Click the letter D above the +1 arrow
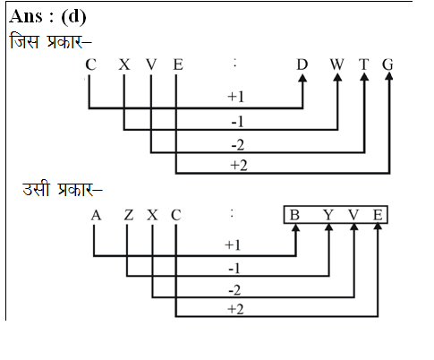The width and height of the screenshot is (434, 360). (x=302, y=64)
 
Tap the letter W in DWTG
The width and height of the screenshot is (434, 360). (x=337, y=64)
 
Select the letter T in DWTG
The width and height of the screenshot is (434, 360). (x=364, y=64)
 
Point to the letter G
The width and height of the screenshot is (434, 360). (x=387, y=64)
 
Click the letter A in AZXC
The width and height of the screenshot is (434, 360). (x=96, y=215)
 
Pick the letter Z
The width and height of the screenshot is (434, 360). (x=129, y=215)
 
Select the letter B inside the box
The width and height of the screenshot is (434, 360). (x=294, y=215)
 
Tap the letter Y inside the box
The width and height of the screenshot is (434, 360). (x=328, y=215)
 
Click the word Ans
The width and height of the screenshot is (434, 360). (x=26, y=16)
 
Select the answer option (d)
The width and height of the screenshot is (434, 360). (x=73, y=17)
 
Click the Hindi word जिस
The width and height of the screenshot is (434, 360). (x=24, y=41)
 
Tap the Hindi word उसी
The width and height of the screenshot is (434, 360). (x=36, y=189)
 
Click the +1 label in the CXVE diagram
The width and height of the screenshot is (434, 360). (x=235, y=97)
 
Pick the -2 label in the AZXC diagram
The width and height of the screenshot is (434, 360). (x=234, y=290)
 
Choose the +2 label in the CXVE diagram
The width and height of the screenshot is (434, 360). (x=239, y=166)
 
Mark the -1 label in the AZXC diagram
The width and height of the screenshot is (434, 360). (x=234, y=269)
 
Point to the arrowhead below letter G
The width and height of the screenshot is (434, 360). (x=389, y=76)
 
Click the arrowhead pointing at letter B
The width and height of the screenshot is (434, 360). (x=295, y=227)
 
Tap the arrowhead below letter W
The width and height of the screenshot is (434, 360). (x=337, y=77)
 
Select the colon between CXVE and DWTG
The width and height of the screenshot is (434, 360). (x=235, y=63)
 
